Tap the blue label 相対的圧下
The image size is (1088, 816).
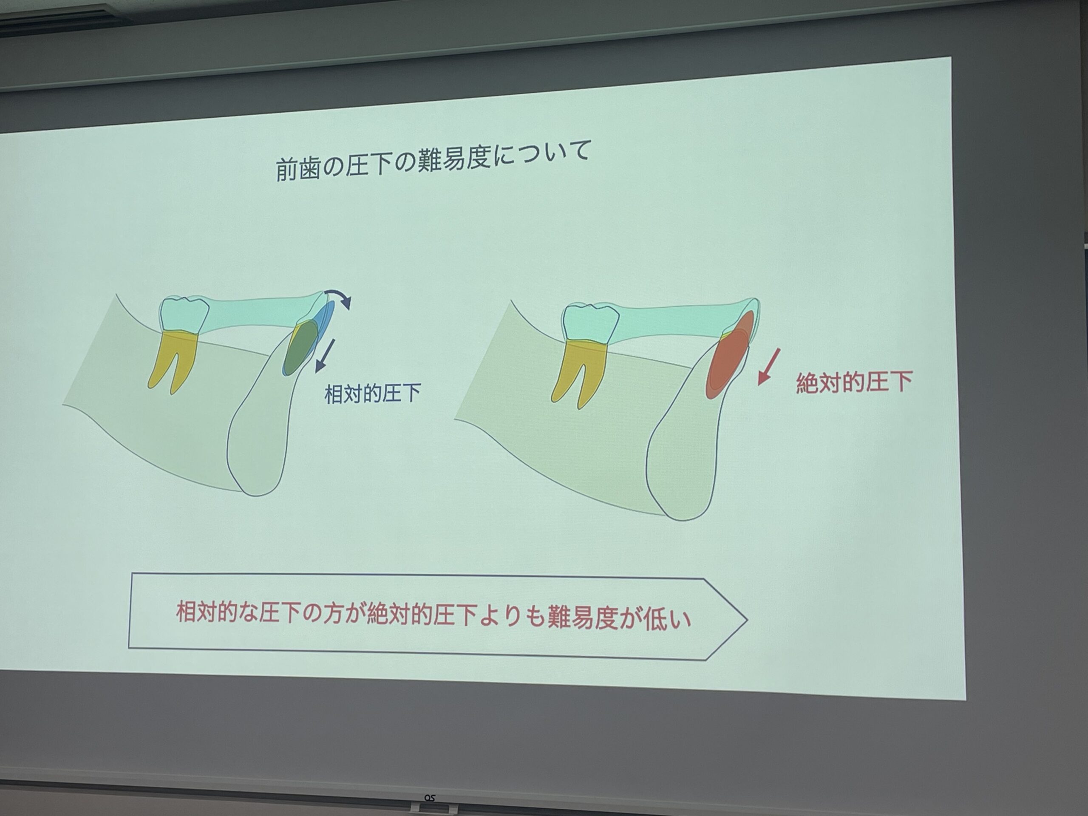click(372, 394)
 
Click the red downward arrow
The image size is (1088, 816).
click(769, 366)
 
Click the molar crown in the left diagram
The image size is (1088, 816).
click(184, 314)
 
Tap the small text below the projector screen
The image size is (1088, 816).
click(429, 798)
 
